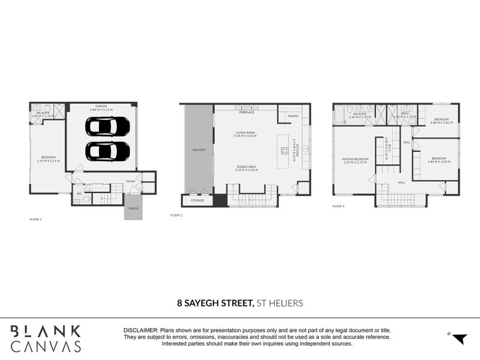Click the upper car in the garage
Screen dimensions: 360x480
107,126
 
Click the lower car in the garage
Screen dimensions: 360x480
107,151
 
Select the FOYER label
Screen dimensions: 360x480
130,181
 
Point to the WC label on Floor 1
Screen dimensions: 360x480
79,194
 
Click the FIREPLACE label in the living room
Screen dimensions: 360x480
247,112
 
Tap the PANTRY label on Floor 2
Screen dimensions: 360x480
293,116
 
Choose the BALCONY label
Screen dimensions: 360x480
199,149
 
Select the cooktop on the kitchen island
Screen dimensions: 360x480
280,149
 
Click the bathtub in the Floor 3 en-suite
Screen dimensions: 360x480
340,114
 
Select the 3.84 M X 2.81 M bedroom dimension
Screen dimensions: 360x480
442,122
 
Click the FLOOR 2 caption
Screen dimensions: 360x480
176,215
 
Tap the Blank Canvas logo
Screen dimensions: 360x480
46,338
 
